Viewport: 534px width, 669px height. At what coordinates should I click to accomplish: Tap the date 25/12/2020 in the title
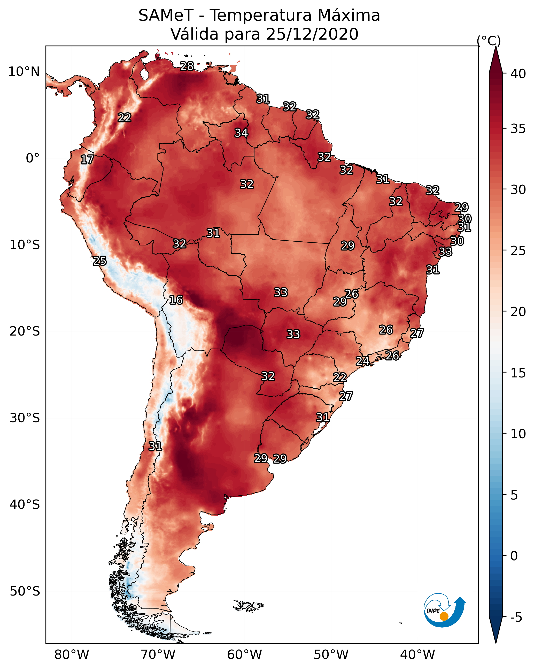click(x=312, y=34)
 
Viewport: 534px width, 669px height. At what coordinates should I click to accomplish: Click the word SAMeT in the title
click(x=166, y=16)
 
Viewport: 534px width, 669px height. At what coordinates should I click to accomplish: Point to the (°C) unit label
click(x=489, y=41)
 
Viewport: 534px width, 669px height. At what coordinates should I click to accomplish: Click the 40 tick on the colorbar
click(x=518, y=74)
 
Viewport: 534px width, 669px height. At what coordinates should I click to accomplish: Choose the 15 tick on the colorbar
click(x=518, y=373)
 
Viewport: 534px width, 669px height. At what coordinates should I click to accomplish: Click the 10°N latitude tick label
click(x=24, y=72)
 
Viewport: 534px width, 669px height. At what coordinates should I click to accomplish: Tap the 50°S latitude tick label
click(x=25, y=591)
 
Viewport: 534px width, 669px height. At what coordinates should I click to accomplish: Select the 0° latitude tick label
click(x=33, y=158)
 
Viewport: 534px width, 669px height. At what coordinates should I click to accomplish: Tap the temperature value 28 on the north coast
click(x=187, y=66)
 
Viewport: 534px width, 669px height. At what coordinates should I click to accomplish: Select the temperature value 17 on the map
click(x=87, y=160)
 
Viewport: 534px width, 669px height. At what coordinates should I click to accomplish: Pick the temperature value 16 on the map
click(x=176, y=300)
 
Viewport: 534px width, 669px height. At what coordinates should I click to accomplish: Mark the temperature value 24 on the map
click(x=362, y=361)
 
